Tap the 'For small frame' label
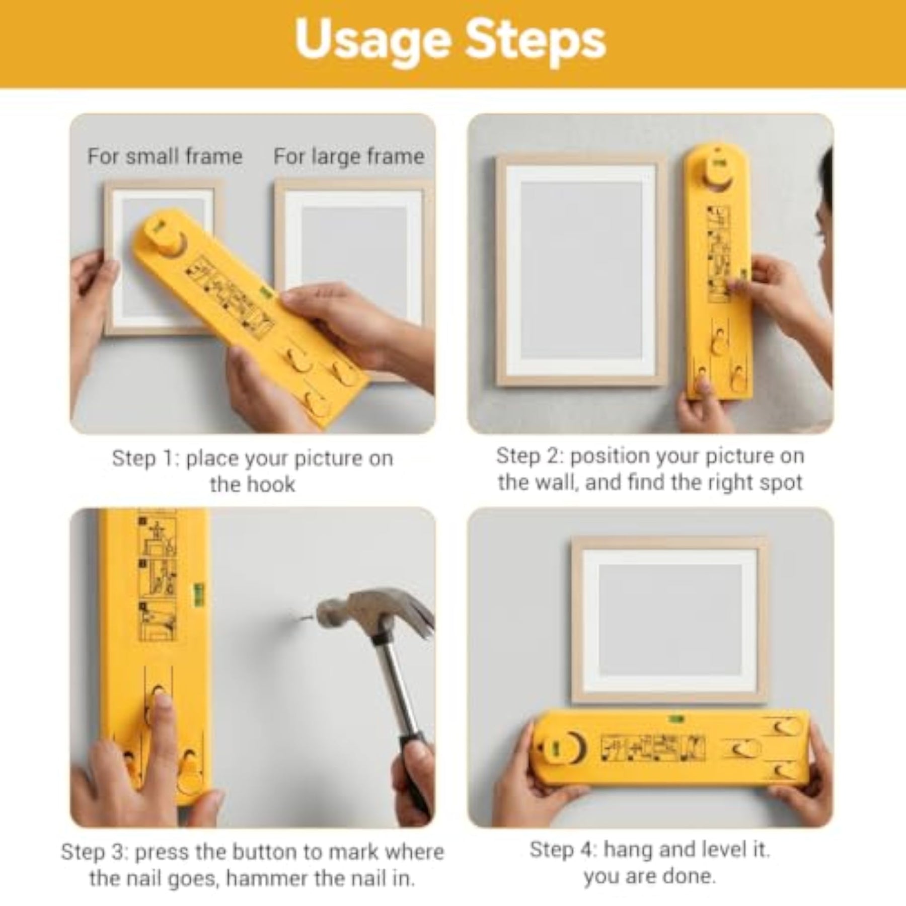click(x=165, y=157)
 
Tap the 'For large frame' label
click(x=349, y=157)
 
